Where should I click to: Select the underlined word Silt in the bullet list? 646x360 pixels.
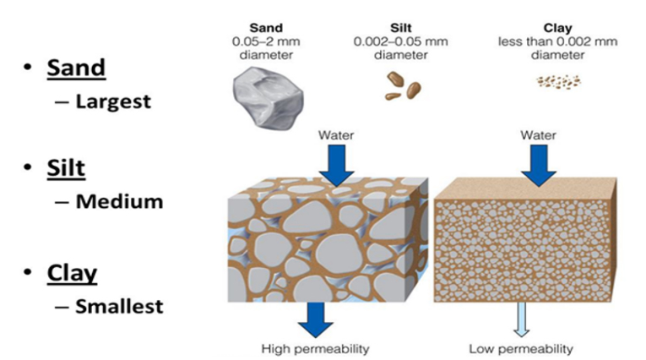pyautogui.click(x=65, y=167)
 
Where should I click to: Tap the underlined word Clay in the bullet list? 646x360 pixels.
pyautogui.click(x=72, y=273)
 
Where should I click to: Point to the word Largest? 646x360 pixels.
pyautogui.click(x=113, y=101)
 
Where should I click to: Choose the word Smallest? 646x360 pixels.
pyautogui.click(x=119, y=307)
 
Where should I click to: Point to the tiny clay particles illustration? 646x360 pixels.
pyautogui.click(x=558, y=82)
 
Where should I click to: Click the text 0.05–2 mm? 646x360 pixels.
pyautogui.click(x=266, y=41)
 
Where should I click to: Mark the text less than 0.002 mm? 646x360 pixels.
pyautogui.click(x=557, y=41)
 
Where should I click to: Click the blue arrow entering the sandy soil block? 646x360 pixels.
pyautogui.click(x=336, y=165)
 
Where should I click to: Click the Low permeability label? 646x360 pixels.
pyautogui.click(x=520, y=348)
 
